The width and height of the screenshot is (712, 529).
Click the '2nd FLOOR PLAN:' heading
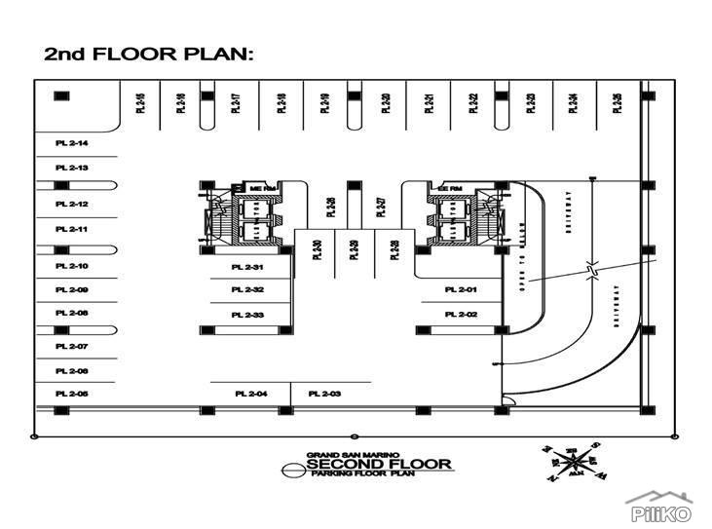pos(149,54)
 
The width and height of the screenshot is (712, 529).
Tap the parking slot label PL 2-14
pos(72,143)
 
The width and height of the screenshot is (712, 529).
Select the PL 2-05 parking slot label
pos(72,393)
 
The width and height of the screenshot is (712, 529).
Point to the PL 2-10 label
pos(72,266)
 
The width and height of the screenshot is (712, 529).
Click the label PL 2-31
pos(247,267)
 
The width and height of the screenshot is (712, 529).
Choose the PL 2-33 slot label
pos(247,315)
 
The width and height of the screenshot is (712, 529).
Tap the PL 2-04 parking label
pos(251,393)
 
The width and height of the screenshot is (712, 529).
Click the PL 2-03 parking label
pos(324,393)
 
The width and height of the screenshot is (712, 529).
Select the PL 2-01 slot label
pos(461,289)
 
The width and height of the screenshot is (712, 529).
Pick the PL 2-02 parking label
pos(461,314)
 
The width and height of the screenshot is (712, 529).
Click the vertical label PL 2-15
pos(140,103)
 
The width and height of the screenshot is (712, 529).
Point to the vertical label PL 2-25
pos(618,103)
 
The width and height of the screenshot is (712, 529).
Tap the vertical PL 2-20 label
pos(386,103)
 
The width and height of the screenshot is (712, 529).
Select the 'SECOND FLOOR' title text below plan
pos(379,464)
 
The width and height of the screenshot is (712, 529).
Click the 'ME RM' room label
pos(257,187)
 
